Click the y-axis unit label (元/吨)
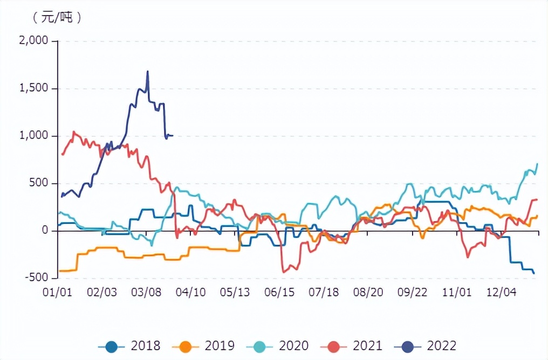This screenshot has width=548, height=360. click(x=57, y=17)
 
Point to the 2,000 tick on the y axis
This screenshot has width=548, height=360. click(x=33, y=41)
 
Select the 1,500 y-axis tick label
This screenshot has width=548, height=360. click(x=33, y=88)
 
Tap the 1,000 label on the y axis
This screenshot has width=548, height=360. click(x=33, y=136)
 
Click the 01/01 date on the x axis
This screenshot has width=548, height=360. click(x=57, y=293)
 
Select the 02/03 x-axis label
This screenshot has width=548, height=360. click(x=102, y=293)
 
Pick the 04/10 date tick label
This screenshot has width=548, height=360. click(x=191, y=293)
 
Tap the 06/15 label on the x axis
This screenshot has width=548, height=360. click(x=280, y=293)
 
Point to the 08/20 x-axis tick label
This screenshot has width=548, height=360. click(x=369, y=293)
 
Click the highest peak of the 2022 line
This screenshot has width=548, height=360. click(x=147, y=71)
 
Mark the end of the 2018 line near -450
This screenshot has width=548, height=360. click(x=534, y=273)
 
